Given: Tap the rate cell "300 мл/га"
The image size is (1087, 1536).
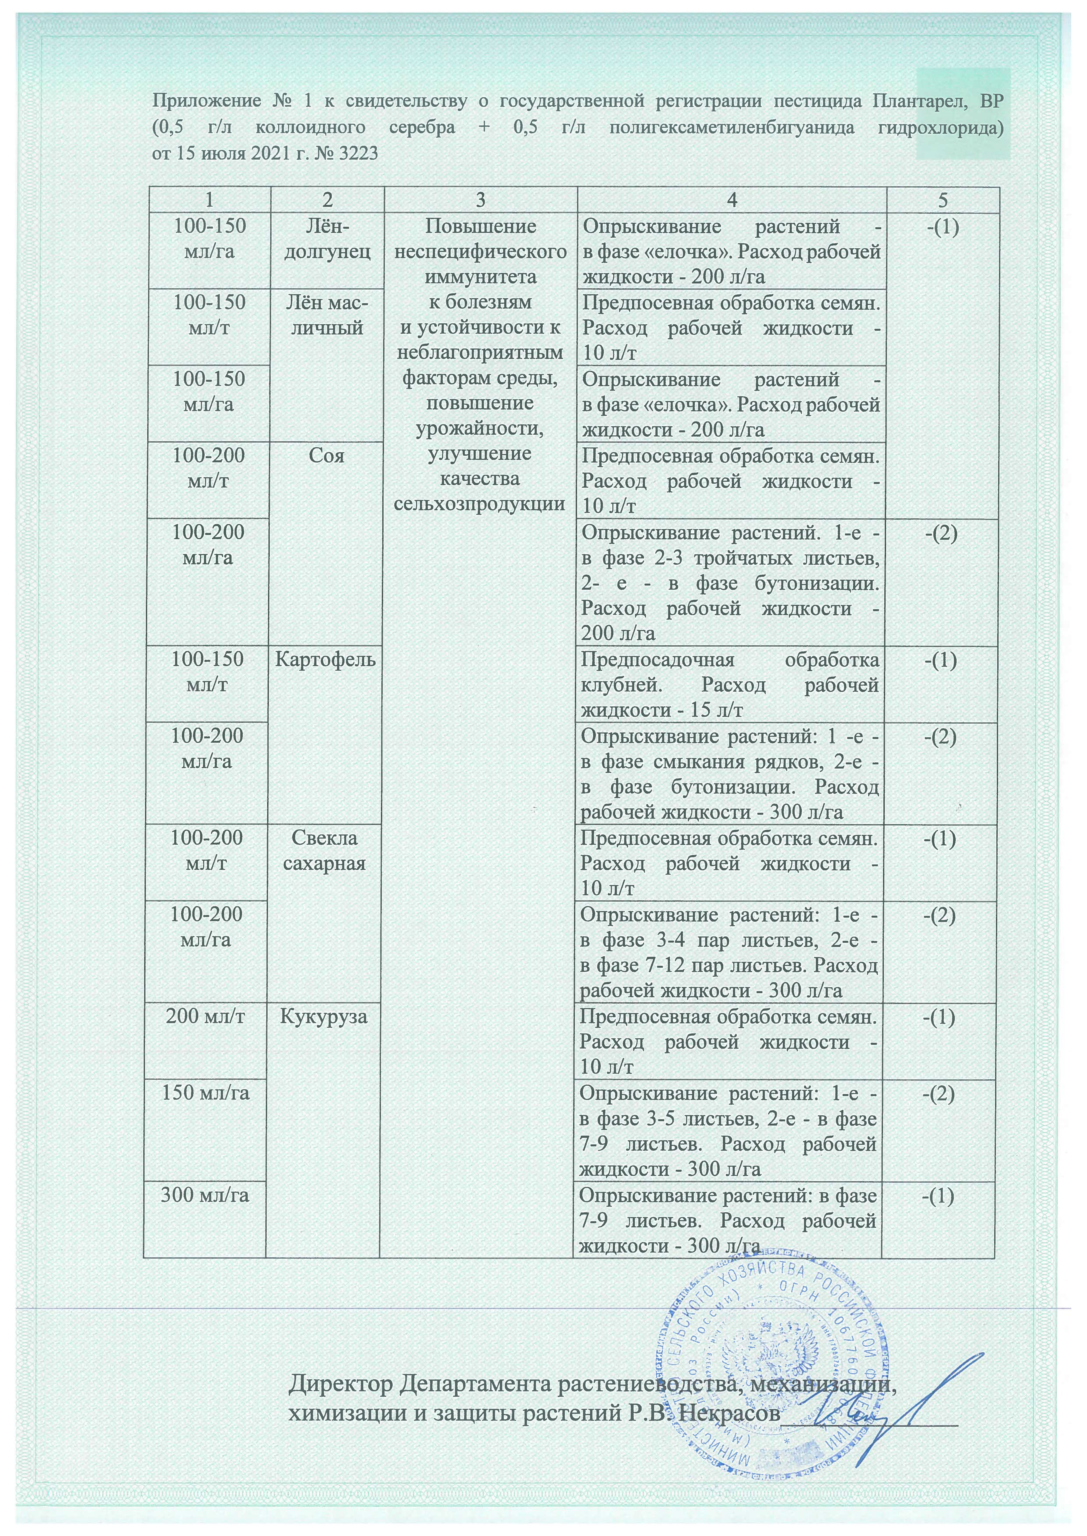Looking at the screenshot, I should point(205,1195).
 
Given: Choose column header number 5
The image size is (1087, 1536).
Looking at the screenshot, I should point(942,200).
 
